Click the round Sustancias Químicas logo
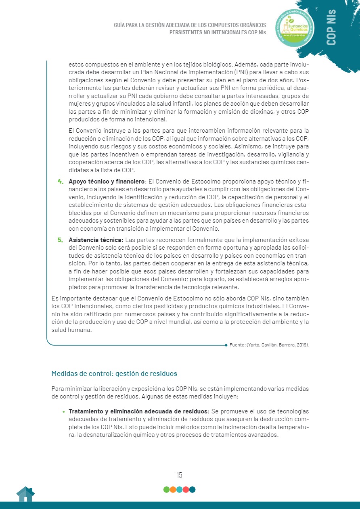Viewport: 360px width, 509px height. tap(294, 27)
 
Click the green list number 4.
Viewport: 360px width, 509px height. tap(61, 181)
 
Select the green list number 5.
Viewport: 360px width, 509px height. tap(61, 240)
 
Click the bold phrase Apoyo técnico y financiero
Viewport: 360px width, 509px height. tap(107, 181)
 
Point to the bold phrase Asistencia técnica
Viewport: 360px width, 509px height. tap(95, 240)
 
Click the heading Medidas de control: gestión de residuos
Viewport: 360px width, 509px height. tap(114, 373)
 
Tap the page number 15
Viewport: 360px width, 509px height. tap(179, 475)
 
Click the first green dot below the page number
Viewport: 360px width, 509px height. tap(166, 490)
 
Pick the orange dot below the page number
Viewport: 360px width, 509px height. tap(173, 490)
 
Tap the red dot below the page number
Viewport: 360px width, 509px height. tap(186, 490)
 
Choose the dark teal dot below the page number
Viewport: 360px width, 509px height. tap(192, 490)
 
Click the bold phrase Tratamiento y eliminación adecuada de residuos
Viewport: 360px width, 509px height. tap(138, 411)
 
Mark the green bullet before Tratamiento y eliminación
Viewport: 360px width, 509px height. tap(63, 412)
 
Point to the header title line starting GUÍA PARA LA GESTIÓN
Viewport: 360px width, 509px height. tap(190, 25)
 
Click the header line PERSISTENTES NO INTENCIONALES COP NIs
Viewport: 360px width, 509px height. tap(218, 32)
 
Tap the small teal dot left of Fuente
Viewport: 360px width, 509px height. tap(226, 345)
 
